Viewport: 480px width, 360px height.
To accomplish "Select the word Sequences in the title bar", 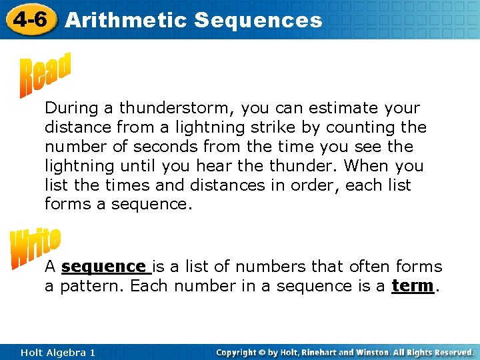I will [258, 20].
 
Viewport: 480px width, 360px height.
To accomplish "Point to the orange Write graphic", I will [35, 248].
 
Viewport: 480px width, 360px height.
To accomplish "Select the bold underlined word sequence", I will [103, 267].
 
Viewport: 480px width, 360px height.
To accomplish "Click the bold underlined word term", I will [413, 286].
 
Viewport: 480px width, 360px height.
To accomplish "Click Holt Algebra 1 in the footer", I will [57, 352].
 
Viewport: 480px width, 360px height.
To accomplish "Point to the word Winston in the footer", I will [371, 352].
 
